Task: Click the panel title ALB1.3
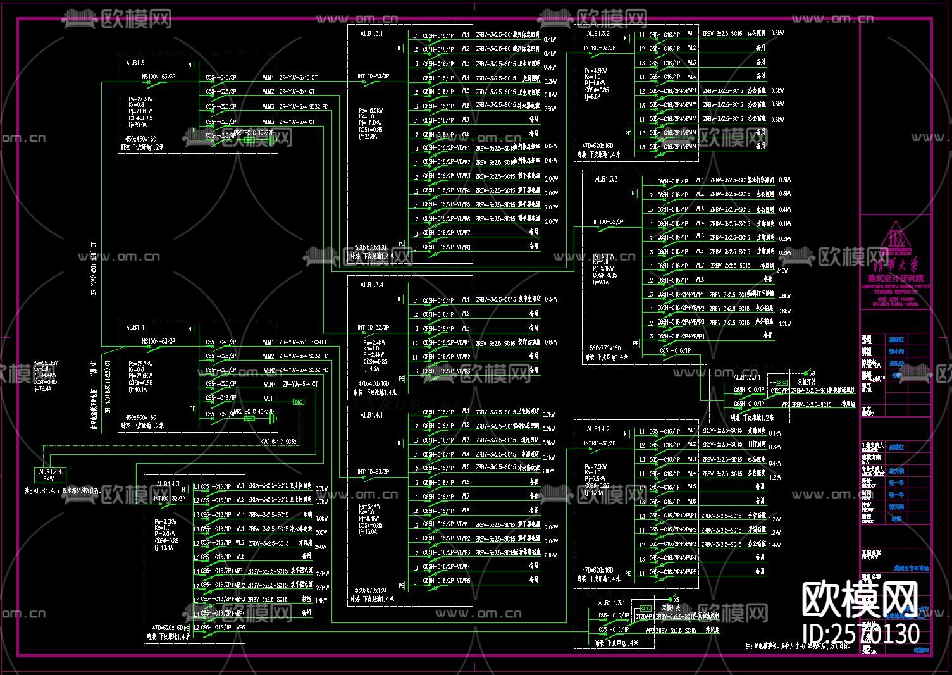(x=135, y=63)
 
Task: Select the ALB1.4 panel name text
(x=135, y=327)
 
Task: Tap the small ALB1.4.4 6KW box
(x=50, y=474)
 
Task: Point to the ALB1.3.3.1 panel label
(x=746, y=377)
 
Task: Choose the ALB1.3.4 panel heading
(x=371, y=285)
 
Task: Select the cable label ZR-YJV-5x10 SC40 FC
(x=304, y=342)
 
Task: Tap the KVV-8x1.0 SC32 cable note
(x=278, y=442)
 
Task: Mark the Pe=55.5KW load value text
(x=46, y=363)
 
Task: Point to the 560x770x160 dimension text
(x=605, y=348)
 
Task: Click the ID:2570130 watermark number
(x=860, y=633)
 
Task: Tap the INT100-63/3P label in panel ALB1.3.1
(x=373, y=77)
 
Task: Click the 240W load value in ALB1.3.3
(x=782, y=270)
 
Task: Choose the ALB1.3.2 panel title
(x=598, y=34)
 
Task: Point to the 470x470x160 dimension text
(x=373, y=383)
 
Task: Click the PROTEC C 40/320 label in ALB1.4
(x=254, y=411)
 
